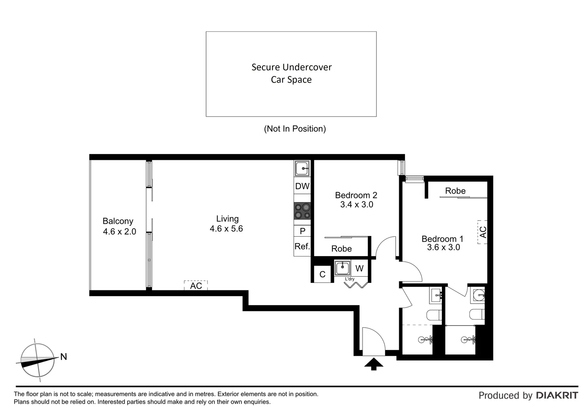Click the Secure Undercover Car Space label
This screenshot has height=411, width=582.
pyautogui.click(x=291, y=73)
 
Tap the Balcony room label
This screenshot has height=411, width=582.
pyautogui.click(x=118, y=221)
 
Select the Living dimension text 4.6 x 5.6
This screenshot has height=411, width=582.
pyautogui.click(x=226, y=229)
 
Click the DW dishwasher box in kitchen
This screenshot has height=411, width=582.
pyautogui.click(x=302, y=186)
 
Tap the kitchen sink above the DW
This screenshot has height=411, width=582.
pyautogui.click(x=302, y=168)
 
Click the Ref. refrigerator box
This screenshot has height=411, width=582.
pyautogui.click(x=302, y=247)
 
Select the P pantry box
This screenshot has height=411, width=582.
pyautogui.click(x=302, y=231)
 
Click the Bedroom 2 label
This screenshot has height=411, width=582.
pyautogui.click(x=356, y=195)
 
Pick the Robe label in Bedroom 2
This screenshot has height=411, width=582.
pyautogui.click(x=341, y=249)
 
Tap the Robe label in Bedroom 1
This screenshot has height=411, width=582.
pyautogui.click(x=455, y=191)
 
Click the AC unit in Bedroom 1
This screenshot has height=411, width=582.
pyautogui.click(x=483, y=232)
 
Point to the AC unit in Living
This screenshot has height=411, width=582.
pyautogui.click(x=196, y=285)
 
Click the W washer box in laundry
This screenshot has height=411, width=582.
pyautogui.click(x=359, y=269)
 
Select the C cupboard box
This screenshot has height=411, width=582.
pyautogui.click(x=322, y=274)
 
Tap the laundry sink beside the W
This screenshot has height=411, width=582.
pyautogui.click(x=342, y=268)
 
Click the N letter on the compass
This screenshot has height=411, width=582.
pyautogui.click(x=64, y=357)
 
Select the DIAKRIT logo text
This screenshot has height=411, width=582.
pyautogui.click(x=557, y=395)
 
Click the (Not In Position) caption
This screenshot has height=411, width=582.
pyautogui.click(x=295, y=129)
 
